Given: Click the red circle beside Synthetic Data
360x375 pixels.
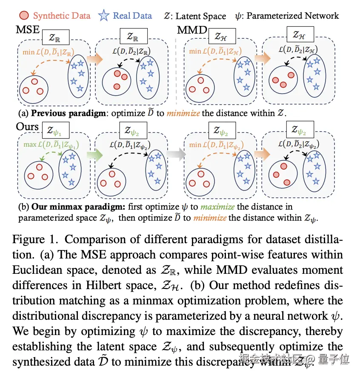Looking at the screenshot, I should [25, 16].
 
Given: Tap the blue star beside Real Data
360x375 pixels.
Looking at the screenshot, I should [104, 16].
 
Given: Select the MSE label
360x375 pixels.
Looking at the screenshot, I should [27, 31].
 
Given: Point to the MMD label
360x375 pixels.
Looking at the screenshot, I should [192, 31].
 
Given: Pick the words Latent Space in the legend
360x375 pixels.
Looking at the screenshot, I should [201, 17].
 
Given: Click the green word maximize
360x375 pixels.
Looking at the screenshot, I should [217, 207].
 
